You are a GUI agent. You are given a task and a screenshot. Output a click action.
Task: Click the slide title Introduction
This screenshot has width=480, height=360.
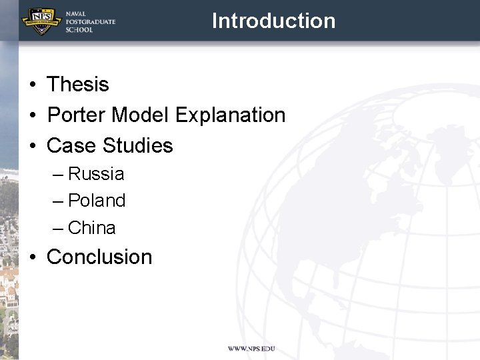[273, 21]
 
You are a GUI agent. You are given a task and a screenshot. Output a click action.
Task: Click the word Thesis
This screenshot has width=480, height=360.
[77, 85]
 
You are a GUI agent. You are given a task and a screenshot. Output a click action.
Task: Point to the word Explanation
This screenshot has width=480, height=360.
[231, 115]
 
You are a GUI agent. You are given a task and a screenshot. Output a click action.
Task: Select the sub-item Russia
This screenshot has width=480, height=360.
[96, 174]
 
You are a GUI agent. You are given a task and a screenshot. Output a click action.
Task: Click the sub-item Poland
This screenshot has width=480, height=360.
[97, 201]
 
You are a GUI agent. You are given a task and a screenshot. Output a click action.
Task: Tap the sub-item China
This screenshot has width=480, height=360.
[92, 228]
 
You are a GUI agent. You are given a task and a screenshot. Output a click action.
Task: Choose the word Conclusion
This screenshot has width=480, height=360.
[99, 257]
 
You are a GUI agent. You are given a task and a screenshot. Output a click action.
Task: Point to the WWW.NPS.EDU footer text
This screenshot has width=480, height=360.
[251, 349]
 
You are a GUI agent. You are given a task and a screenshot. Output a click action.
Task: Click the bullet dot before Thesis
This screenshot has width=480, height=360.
[32, 85]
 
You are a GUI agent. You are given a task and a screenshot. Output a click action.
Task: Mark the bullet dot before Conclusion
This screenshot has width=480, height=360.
[32, 258]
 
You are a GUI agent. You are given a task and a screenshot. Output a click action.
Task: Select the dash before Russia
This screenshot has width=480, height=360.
[59, 175]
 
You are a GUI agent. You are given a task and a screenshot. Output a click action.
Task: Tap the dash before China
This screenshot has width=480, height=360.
[59, 229]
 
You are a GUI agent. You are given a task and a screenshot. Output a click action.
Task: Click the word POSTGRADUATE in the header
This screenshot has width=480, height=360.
[90, 21]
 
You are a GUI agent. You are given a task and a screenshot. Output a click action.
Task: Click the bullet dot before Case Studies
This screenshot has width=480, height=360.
[32, 147]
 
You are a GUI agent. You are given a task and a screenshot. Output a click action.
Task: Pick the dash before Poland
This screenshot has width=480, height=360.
[59, 201]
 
